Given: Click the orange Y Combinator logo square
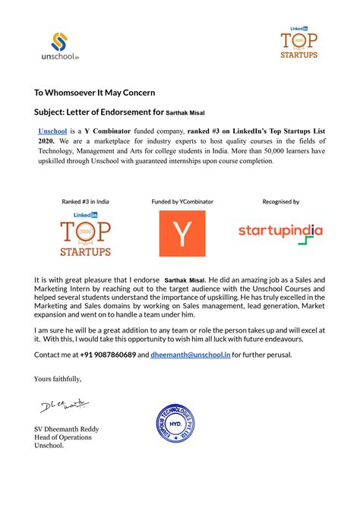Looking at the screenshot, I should click(x=182, y=233).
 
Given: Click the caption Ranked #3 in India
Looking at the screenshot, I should click(x=85, y=202).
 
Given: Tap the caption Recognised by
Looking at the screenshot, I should click(x=280, y=202).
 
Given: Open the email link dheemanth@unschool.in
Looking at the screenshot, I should click(x=190, y=355).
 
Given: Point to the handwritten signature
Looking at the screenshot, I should click(x=61, y=410).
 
